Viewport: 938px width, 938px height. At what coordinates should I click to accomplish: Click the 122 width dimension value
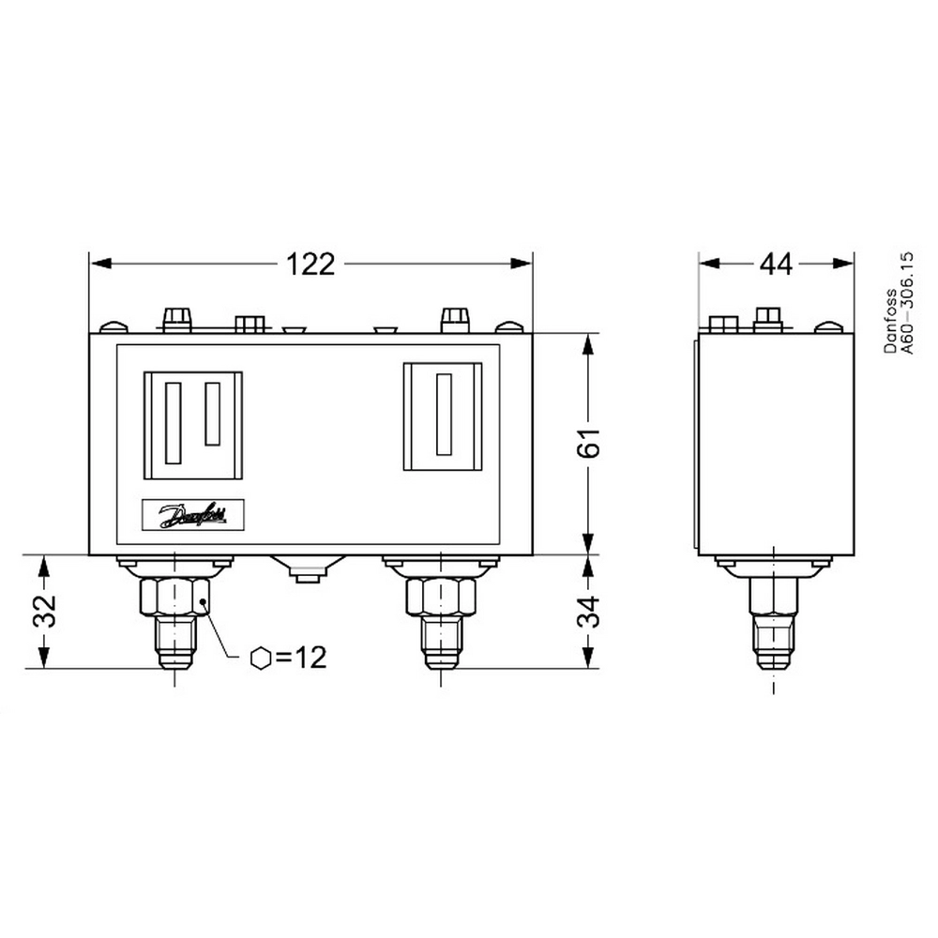(310, 264)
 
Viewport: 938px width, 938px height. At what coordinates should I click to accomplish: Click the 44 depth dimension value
(776, 264)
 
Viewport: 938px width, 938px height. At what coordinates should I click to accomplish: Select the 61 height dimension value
(589, 443)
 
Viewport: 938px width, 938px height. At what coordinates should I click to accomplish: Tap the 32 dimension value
(44, 611)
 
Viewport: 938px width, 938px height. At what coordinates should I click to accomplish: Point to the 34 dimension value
(589, 611)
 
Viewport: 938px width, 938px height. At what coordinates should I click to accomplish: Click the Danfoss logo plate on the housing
(192, 514)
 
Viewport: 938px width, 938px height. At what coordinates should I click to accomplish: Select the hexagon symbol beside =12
(261, 658)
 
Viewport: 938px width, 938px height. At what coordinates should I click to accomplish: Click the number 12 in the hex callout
(310, 658)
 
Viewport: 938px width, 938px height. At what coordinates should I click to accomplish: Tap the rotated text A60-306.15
(907, 303)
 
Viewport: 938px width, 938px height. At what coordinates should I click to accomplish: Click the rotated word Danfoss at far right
(891, 321)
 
